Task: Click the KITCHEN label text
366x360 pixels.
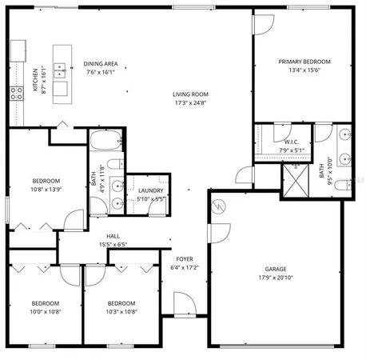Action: tap(35, 79)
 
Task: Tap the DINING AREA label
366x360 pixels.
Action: tap(101, 63)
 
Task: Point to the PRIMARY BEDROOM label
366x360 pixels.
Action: tap(304, 62)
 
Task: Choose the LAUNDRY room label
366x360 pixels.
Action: tap(150, 190)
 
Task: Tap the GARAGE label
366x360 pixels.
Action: tap(276, 269)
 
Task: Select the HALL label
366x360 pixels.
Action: tap(113, 236)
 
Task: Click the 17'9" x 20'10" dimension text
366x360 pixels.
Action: tap(276, 278)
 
